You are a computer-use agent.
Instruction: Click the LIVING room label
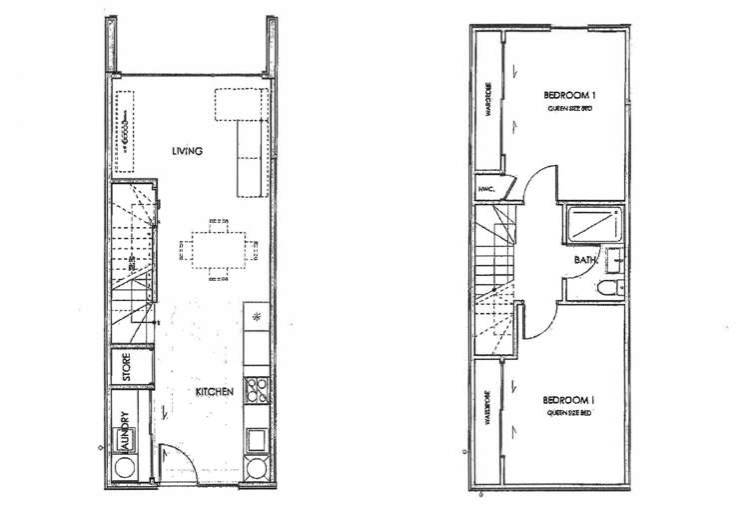point(187,151)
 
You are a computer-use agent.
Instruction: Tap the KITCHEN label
point(214,392)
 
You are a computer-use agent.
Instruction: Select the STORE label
point(127,366)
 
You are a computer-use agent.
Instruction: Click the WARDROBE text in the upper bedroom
point(487,100)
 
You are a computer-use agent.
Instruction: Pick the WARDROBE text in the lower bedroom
point(487,408)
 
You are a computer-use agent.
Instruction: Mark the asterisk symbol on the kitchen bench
point(256,319)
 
